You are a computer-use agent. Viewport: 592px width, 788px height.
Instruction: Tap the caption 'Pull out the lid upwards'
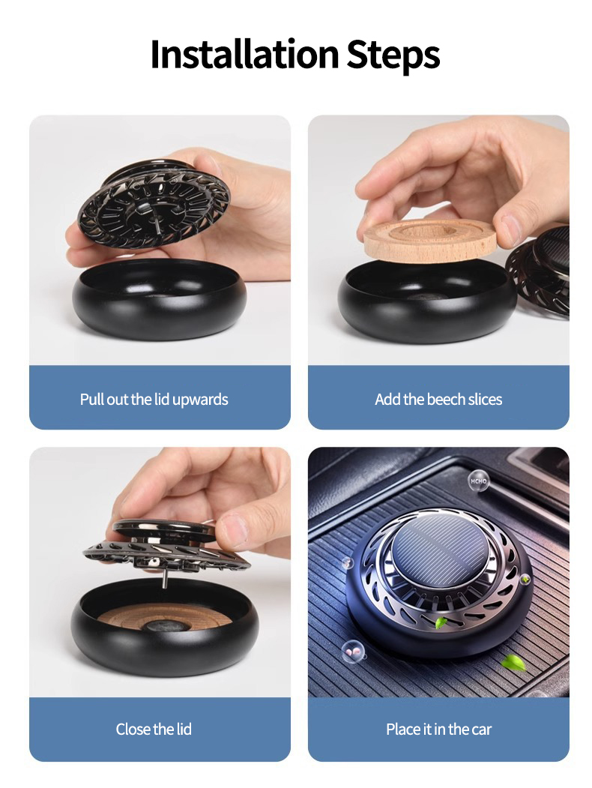tap(154, 399)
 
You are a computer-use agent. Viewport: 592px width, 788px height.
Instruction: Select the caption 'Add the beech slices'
tap(438, 399)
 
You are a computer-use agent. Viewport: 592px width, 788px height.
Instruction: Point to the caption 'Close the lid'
tap(154, 729)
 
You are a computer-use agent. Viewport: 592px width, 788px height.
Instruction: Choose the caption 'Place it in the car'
tap(438, 729)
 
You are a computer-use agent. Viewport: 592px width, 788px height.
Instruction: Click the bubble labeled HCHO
tap(478, 481)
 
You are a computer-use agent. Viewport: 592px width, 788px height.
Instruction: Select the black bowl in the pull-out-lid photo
tap(158, 300)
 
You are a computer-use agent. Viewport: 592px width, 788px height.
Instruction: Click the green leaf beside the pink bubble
tap(513, 661)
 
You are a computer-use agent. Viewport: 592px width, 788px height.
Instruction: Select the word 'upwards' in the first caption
tap(200, 399)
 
